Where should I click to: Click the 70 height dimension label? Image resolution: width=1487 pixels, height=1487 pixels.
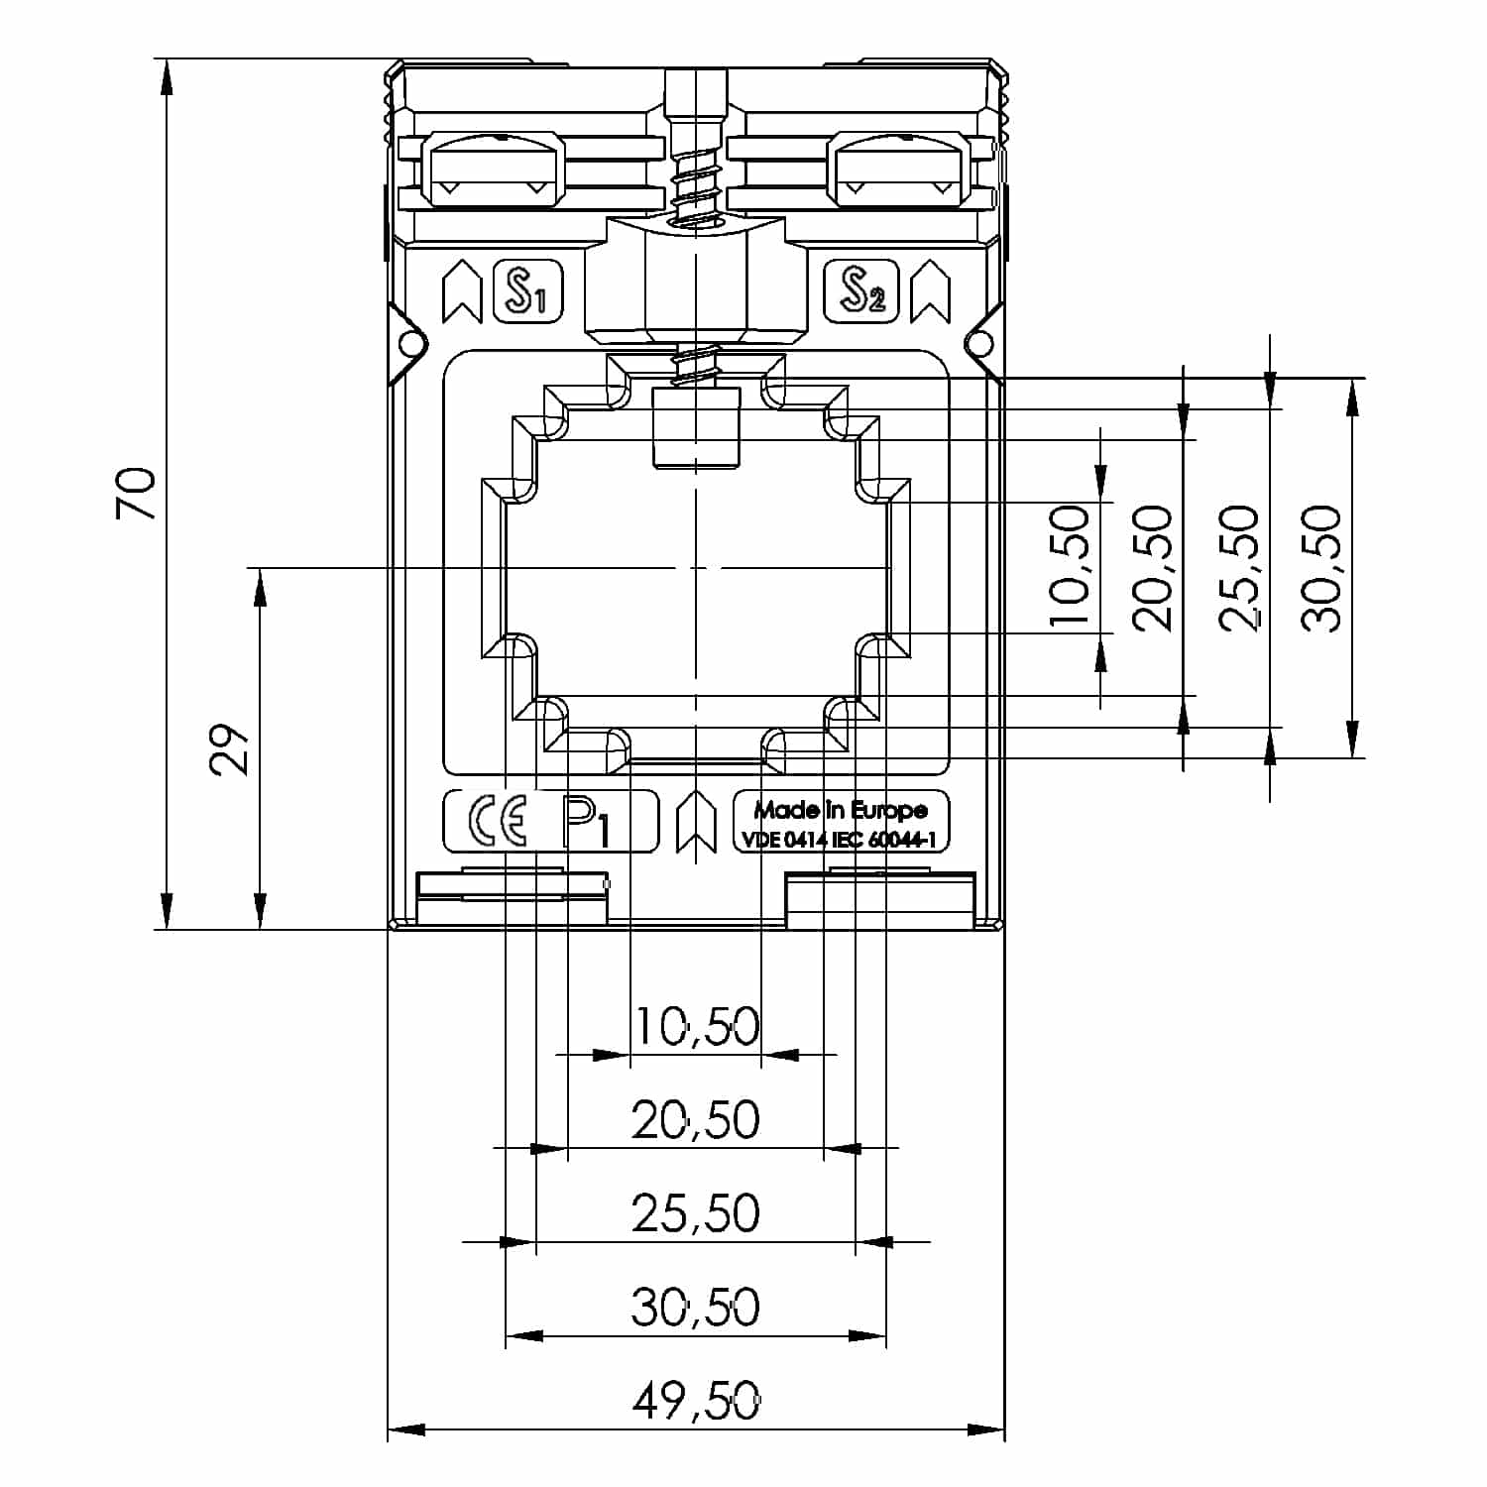[137, 494]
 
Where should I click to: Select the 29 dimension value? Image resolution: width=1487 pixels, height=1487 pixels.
[229, 748]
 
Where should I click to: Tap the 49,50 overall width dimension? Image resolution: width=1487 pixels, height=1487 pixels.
[696, 1402]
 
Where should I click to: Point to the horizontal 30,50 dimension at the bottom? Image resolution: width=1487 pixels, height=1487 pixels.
[696, 1308]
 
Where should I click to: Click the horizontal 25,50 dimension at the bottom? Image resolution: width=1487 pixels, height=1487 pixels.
[696, 1213]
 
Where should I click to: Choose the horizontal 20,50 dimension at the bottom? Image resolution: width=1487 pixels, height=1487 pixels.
[696, 1120]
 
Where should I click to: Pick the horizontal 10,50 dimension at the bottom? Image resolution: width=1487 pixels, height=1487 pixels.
[696, 1027]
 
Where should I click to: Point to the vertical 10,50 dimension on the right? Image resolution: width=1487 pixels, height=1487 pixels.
[1070, 568]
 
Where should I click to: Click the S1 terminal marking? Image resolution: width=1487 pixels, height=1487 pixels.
[526, 291]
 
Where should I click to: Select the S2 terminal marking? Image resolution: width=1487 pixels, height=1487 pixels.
[861, 291]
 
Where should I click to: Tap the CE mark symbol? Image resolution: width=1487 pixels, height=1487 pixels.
[497, 822]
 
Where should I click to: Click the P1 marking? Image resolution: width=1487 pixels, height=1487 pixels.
[589, 823]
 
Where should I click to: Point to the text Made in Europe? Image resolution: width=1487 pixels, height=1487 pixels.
[840, 810]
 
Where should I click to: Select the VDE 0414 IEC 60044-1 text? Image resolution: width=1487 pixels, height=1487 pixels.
[839, 840]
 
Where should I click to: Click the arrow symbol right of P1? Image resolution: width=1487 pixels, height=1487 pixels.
[696, 822]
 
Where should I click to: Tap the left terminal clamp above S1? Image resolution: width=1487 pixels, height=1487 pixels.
[493, 170]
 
